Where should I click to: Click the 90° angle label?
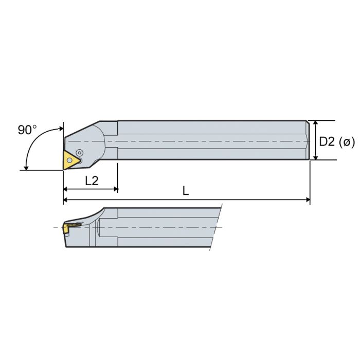pyautogui.click(x=27, y=130)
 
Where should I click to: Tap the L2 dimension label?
pyautogui.click(x=92, y=181)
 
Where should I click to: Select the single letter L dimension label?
pyautogui.click(x=186, y=191)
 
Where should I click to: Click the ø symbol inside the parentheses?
pyautogui.click(x=348, y=141)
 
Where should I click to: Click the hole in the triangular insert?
pyautogui.click(x=69, y=160)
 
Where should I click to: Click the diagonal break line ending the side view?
pyautogui.click(x=215, y=226)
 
